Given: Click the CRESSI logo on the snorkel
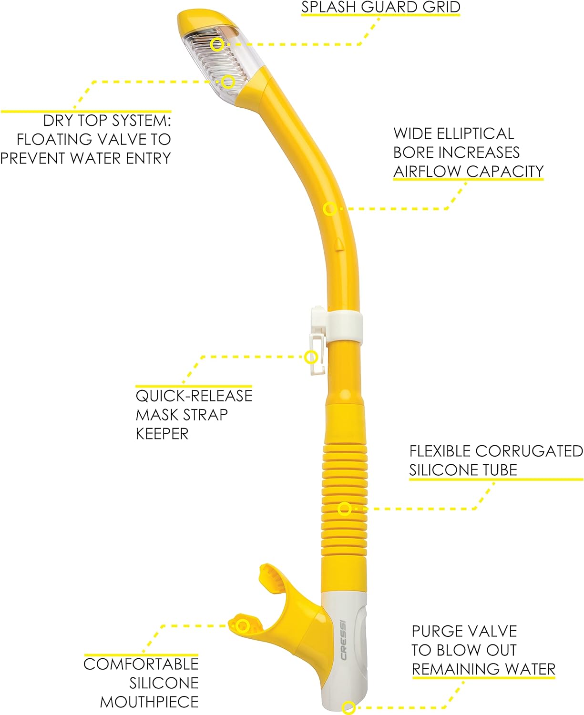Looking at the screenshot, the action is (x=343, y=640).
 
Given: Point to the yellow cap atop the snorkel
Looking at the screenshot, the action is (x=206, y=21).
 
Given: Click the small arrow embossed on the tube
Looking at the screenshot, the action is (x=338, y=244).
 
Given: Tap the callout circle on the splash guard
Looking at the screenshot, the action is (x=217, y=44).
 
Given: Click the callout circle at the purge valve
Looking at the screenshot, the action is (x=348, y=707).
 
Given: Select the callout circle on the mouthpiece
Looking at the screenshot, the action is (x=243, y=626).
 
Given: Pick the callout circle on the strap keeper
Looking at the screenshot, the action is (x=311, y=357).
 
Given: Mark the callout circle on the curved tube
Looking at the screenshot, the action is (x=329, y=209).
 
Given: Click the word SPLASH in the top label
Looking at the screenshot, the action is (x=328, y=8).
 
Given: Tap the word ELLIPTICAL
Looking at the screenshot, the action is (x=475, y=133).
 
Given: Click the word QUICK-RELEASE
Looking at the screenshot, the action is (x=194, y=396).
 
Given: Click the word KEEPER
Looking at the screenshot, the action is (x=162, y=434).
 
